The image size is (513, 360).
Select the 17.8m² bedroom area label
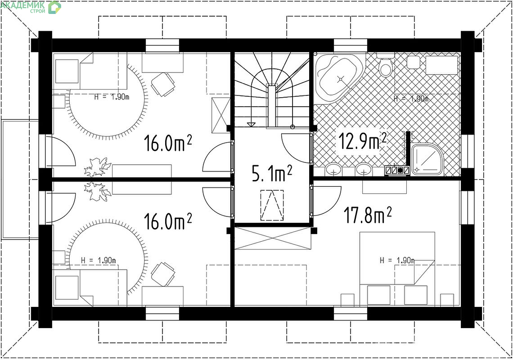coord(367,215)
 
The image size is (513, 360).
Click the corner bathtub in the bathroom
coord(339,79)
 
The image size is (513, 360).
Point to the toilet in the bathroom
coord(385,65)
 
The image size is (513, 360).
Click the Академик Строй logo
coord(31,7)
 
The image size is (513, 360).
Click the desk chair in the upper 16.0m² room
coord(162,85)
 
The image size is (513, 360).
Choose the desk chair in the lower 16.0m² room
coord(162,274)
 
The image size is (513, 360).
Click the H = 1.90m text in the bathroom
coord(411,99)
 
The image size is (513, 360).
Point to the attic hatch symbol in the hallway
coord(272,206)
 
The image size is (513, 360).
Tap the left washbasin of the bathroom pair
coord(334,170)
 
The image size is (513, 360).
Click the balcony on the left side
coord(20,180)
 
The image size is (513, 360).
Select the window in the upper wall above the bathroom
coord(351,45)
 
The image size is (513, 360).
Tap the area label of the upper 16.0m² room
coord(168,144)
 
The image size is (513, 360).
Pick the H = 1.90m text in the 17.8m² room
coord(397,261)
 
